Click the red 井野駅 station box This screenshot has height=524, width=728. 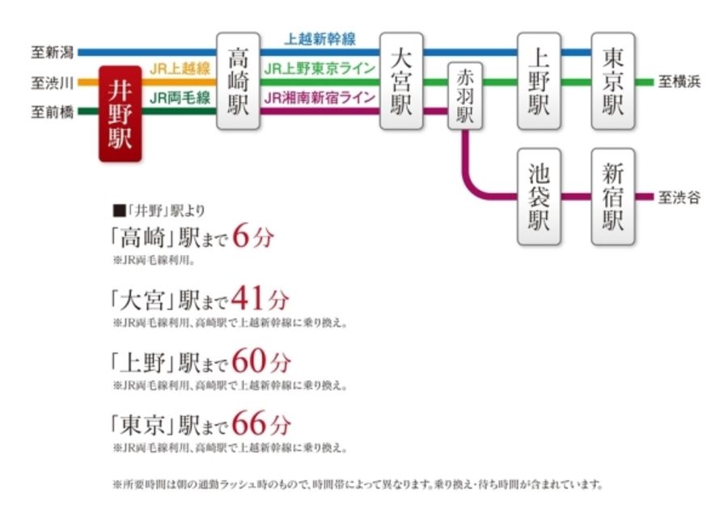[x=120, y=114]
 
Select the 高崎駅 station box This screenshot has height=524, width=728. [x=239, y=81]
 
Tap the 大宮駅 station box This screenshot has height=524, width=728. [x=402, y=81]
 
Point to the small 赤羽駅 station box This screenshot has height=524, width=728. [x=464, y=96]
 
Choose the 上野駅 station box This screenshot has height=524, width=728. [x=540, y=81]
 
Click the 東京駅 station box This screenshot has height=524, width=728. [x=613, y=81]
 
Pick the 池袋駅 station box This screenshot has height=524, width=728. [x=540, y=197]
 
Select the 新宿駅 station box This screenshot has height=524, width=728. [x=613, y=197]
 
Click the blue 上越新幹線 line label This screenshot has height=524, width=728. [x=320, y=39]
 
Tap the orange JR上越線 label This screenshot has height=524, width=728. [x=180, y=70]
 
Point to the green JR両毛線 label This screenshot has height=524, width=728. [x=180, y=98]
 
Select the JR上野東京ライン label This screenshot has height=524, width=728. [x=320, y=69]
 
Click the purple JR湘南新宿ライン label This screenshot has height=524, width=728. [x=320, y=98]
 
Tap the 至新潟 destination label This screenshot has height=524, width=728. [x=52, y=53]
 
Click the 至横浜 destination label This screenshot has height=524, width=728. [x=679, y=82]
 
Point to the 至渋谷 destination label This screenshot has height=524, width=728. [x=679, y=198]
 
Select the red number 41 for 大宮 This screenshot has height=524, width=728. [x=248, y=300]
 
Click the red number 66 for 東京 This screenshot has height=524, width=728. [x=249, y=423]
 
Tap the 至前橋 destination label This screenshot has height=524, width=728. [x=52, y=112]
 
